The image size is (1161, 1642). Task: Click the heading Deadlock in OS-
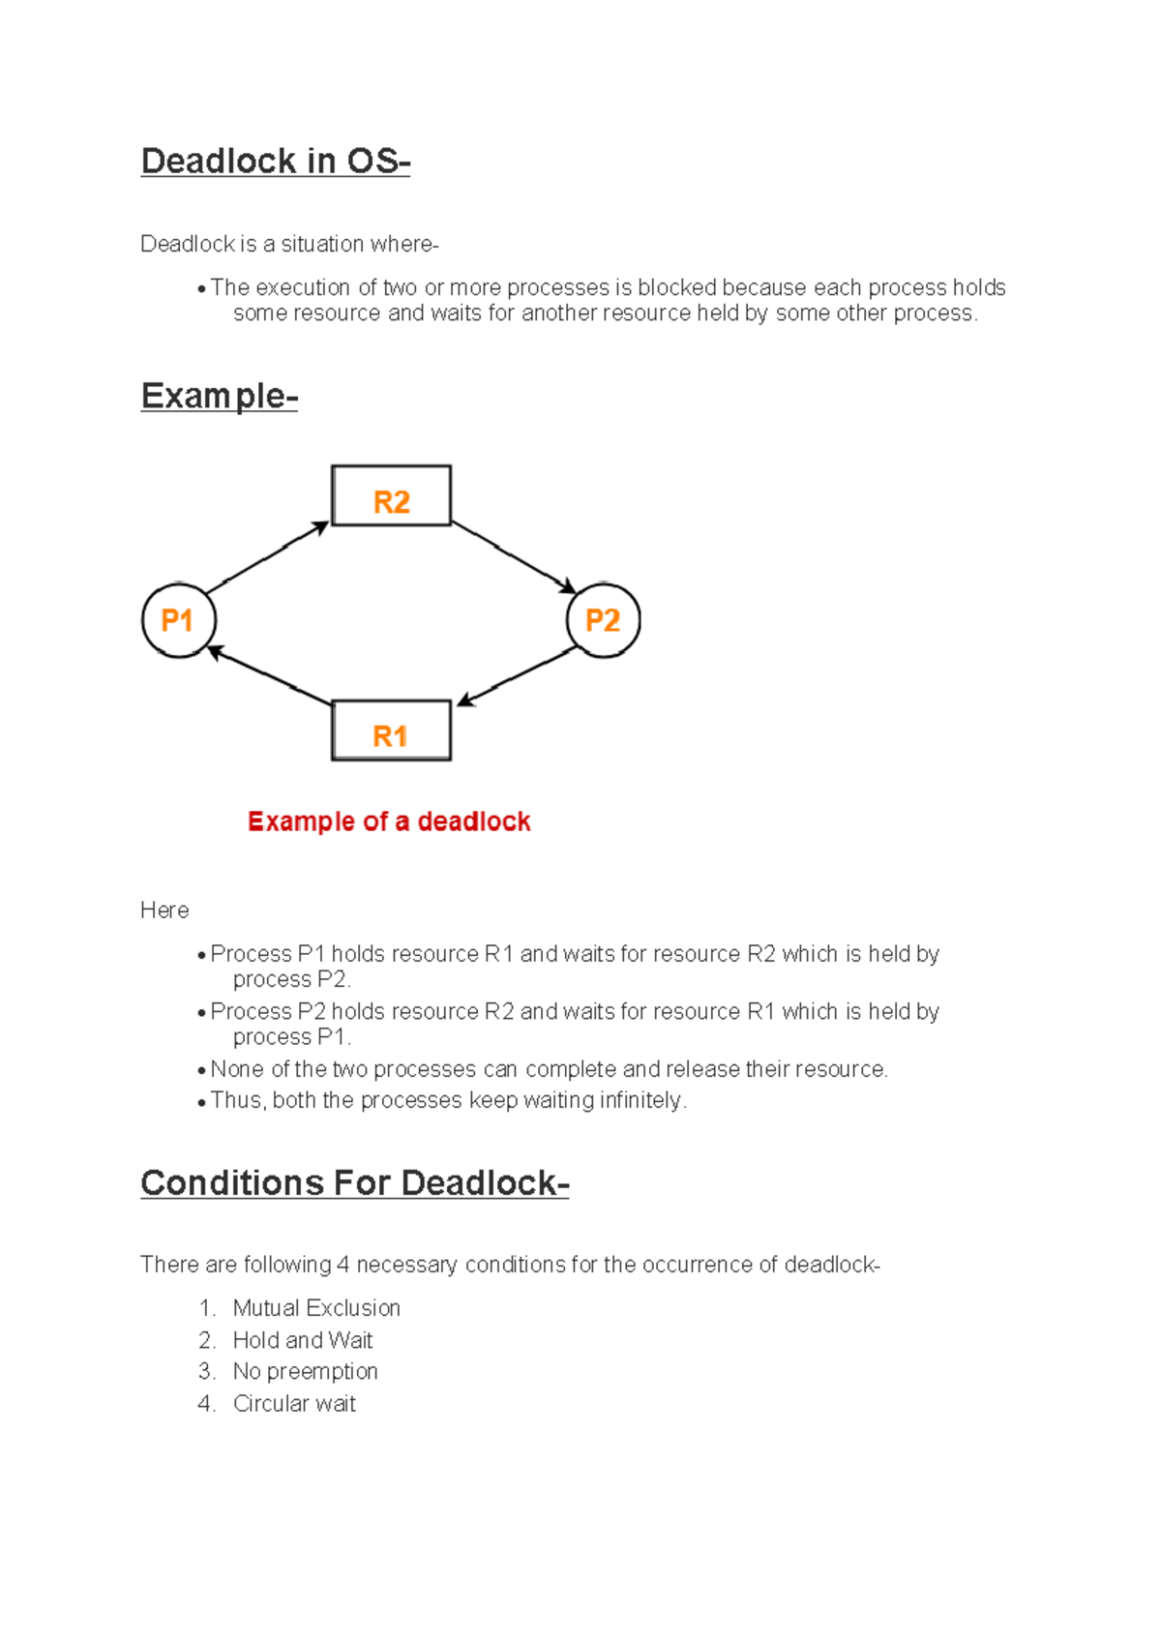click(x=276, y=161)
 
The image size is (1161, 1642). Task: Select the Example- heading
click(x=219, y=396)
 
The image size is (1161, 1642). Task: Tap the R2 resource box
click(x=391, y=496)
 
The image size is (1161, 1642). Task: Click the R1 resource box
click(x=391, y=731)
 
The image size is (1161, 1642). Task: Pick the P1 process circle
click(x=178, y=620)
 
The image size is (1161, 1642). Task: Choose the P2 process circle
click(x=603, y=620)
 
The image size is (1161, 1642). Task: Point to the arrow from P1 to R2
click(x=267, y=558)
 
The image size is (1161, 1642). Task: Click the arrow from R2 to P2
click(x=514, y=557)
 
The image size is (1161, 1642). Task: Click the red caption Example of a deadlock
click(x=389, y=821)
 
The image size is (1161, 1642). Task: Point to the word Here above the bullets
click(x=164, y=911)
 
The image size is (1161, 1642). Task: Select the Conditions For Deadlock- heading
click(x=354, y=1183)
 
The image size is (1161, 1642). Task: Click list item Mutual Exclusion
click(x=316, y=1308)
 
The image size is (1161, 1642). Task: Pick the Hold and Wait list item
click(x=302, y=1340)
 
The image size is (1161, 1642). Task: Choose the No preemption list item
click(x=305, y=1371)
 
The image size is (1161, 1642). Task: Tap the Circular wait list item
click(x=294, y=1404)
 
